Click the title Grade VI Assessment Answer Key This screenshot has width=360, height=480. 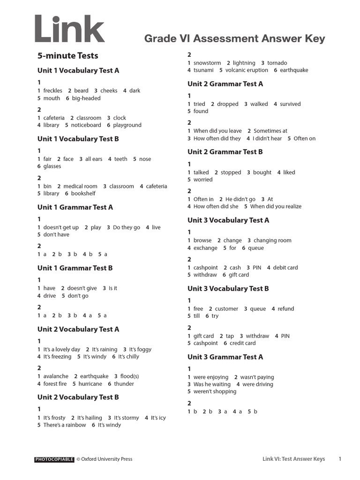pos(234,39)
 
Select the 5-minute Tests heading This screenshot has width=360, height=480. pos(68,56)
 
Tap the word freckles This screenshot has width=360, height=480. pos(52,91)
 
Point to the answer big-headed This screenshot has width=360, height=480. pos(86,98)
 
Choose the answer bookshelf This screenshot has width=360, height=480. pos(83,194)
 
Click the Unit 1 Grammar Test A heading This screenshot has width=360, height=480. pos(75,207)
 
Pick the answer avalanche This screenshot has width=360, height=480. pos(56,376)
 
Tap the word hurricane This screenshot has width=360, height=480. pos(90,384)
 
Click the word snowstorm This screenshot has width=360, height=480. pos(207,63)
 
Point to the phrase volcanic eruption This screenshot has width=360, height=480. pos(247,70)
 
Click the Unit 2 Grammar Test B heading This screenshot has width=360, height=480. pos(225,152)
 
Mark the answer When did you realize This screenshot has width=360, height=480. pos(279,206)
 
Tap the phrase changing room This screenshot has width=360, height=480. pos(272,240)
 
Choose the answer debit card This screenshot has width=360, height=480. pos(285,268)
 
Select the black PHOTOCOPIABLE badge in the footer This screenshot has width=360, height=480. pos(54,459)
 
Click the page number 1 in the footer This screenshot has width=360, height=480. pos(340,459)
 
